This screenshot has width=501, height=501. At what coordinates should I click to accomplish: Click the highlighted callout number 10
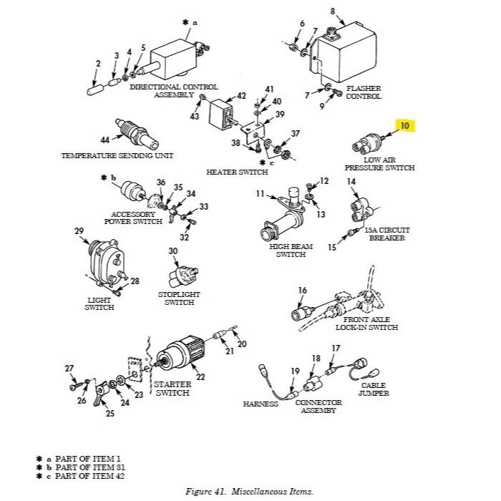405,126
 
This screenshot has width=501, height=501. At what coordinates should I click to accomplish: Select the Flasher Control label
364,92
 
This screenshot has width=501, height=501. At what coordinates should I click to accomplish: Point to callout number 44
104,140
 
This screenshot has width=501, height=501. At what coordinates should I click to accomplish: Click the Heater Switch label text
237,172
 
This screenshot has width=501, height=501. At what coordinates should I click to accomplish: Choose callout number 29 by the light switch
79,230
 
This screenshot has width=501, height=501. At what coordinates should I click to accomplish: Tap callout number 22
200,377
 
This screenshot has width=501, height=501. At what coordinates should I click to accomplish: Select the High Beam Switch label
291,250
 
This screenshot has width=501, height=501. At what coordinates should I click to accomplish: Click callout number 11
261,193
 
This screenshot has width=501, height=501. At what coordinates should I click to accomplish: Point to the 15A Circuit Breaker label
386,234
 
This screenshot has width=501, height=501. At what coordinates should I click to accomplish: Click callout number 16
302,290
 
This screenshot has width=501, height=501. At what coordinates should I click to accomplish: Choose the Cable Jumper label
375,389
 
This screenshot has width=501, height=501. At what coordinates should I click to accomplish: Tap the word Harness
261,404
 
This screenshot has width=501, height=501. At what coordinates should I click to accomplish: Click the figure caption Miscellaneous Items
250,491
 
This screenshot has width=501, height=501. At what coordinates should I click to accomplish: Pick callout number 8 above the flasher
332,11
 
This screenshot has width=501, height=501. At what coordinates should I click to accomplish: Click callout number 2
97,64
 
